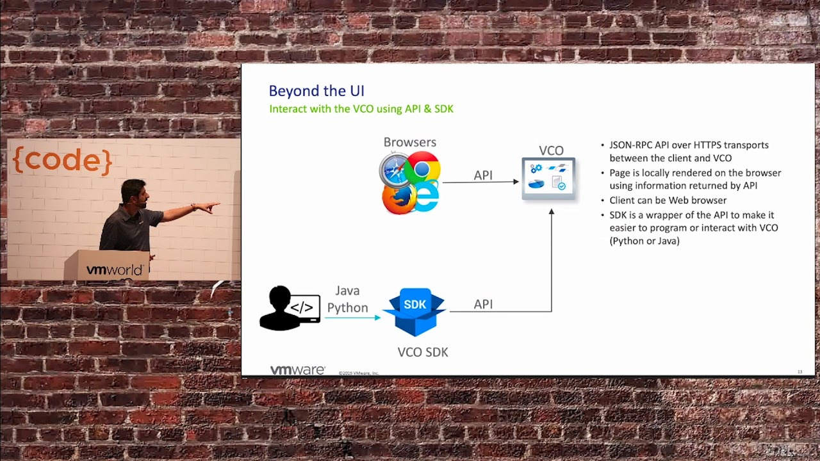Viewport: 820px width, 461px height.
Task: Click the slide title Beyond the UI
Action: pyautogui.click(x=316, y=91)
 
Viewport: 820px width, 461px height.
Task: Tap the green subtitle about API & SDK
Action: pyautogui.click(x=361, y=109)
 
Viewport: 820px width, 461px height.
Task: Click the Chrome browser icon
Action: pyautogui.click(x=422, y=168)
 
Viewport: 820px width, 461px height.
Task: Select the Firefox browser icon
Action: pyautogui.click(x=398, y=198)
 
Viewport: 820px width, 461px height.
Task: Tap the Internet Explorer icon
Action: pyautogui.click(x=425, y=196)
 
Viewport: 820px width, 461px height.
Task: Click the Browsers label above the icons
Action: pyautogui.click(x=409, y=142)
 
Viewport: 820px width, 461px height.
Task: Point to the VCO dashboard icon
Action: pyautogui.click(x=548, y=178)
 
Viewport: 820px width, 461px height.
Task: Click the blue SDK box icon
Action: pyautogui.click(x=414, y=312)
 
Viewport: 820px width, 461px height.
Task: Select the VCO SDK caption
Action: pyautogui.click(x=422, y=352)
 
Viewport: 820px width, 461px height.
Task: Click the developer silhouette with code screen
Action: pyautogui.click(x=289, y=308)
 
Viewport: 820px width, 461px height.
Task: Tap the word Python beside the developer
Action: pyautogui.click(x=347, y=308)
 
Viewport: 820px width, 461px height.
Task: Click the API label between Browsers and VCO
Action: pyautogui.click(x=483, y=175)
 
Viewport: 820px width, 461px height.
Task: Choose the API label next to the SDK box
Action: pyautogui.click(x=483, y=304)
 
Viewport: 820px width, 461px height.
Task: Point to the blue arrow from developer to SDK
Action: pyautogui.click(x=352, y=317)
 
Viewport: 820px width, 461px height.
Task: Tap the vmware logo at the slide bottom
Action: pyautogui.click(x=297, y=370)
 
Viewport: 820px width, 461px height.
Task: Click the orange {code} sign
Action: pyautogui.click(x=62, y=160)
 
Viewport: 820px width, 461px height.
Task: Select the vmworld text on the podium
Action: pyautogui.click(x=114, y=270)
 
